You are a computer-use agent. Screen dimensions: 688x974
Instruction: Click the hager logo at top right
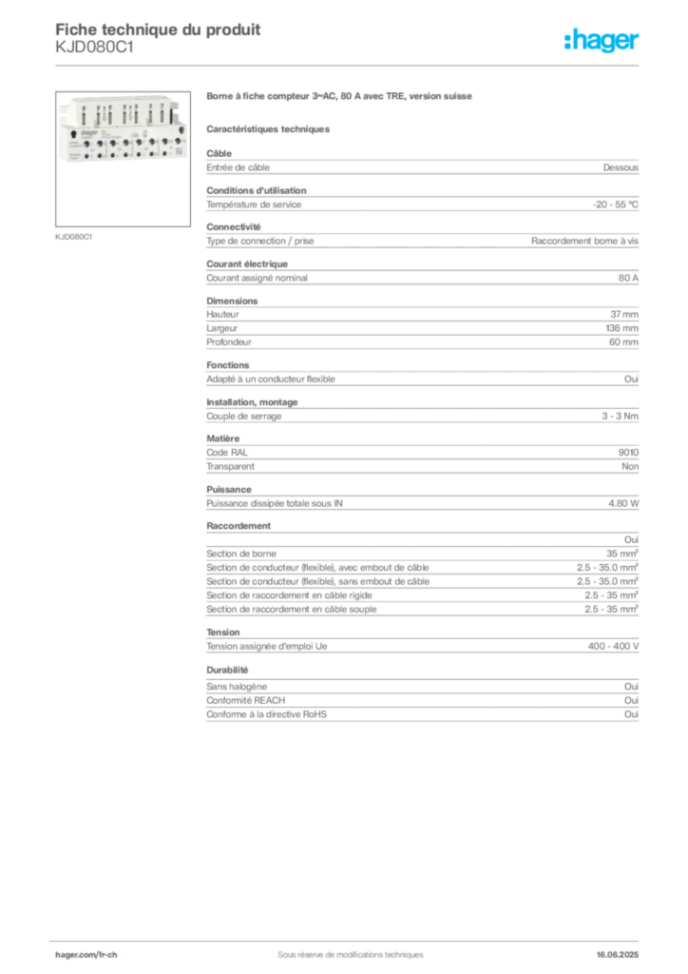point(602,40)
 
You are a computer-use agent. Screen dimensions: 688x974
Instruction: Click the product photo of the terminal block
point(123,131)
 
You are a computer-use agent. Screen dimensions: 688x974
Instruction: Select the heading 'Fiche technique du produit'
point(158,29)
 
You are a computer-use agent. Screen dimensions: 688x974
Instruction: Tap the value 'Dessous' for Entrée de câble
point(621,167)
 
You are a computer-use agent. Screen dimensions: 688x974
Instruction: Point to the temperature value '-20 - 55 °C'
point(616,205)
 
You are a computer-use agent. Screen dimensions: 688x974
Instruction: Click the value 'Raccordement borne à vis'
point(584,241)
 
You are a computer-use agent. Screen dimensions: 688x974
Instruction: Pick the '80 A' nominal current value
point(628,279)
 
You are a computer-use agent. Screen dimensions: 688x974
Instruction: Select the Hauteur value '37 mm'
point(624,314)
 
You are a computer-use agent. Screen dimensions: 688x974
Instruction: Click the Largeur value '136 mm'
point(621,328)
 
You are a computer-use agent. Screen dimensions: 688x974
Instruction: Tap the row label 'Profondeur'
point(229,342)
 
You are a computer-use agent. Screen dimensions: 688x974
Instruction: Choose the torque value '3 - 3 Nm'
point(620,417)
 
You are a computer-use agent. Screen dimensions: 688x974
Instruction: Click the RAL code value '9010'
point(628,453)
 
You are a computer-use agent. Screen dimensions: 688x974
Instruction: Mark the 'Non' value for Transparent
point(630,466)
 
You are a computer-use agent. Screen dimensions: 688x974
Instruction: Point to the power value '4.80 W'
point(622,504)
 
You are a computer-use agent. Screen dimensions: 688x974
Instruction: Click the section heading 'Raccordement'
point(239,526)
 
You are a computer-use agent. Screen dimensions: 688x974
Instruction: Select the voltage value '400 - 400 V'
point(613,647)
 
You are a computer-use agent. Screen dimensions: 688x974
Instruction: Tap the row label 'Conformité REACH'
point(246,701)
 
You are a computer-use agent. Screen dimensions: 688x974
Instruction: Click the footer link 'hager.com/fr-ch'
point(86,955)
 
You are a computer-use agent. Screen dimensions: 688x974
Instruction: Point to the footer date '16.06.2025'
point(618,955)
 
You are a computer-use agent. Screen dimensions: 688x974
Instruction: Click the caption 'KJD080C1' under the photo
point(74,237)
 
